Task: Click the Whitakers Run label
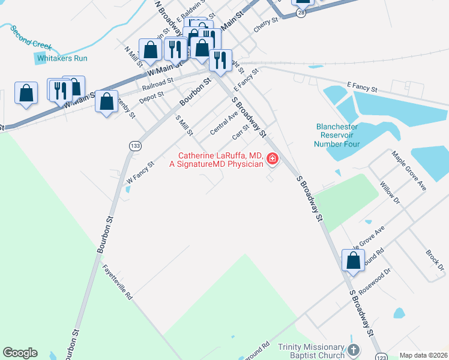(62, 58)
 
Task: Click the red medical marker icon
(273, 159)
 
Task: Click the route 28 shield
(301, 12)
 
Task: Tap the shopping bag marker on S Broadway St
(353, 262)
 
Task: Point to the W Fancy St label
(140, 170)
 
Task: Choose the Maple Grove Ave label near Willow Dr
(409, 171)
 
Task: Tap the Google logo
(20, 353)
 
